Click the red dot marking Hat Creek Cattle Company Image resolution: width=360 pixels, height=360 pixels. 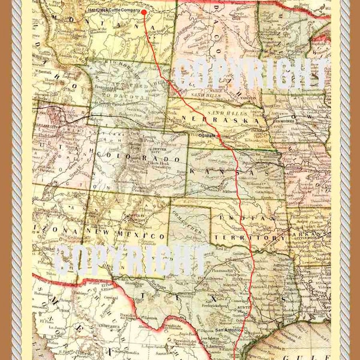(x=143, y=11)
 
